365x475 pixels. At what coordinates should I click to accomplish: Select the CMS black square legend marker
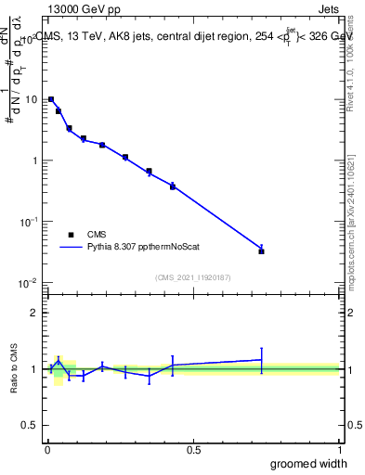tap(70, 235)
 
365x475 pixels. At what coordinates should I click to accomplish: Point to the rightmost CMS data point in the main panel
tap(262, 250)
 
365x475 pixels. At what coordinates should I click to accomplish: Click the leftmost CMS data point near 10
tap(51, 99)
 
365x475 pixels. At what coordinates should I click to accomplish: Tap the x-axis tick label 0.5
tap(193, 450)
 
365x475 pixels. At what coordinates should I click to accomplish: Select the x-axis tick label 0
tap(47, 450)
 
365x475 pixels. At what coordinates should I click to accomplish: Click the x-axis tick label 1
tap(339, 450)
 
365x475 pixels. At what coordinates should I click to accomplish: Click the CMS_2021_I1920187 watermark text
tap(193, 276)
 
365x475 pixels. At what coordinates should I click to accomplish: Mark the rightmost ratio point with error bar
tap(262, 359)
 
